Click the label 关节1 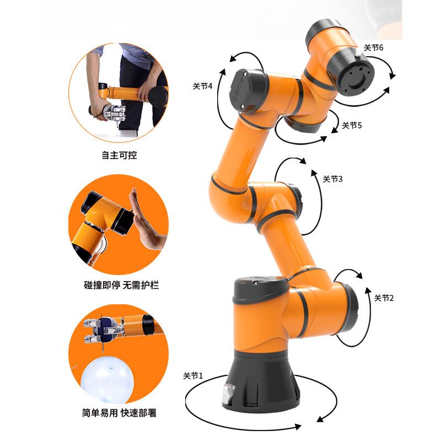pos(192,375)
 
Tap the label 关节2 pos(384,298)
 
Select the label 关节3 pos(332,179)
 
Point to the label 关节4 pos(202,86)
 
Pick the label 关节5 pos(352,125)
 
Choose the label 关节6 pos(374,47)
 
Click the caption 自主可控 pos(119,155)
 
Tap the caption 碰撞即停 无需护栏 pos(121,285)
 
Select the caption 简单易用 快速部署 pos(119,413)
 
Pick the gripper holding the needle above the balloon pos(103,330)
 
